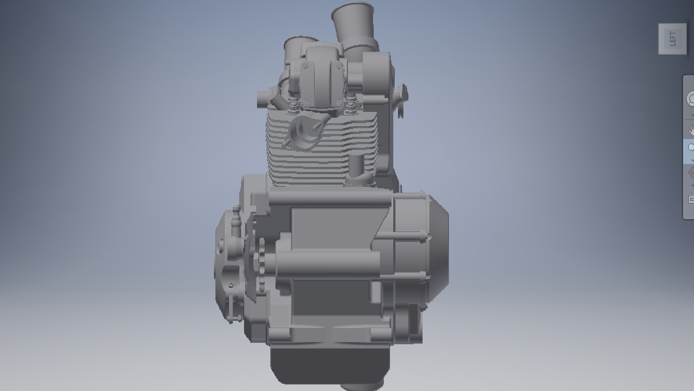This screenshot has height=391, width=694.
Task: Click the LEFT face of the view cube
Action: tap(672, 39)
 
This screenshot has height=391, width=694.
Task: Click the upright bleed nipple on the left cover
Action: tap(236, 217)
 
